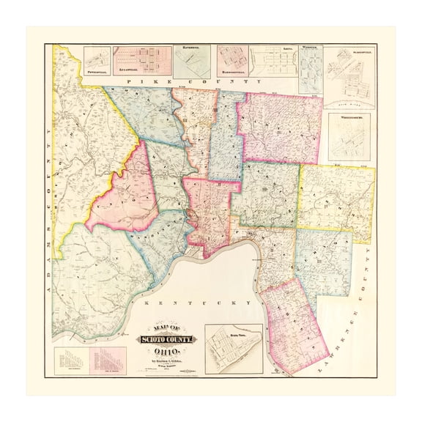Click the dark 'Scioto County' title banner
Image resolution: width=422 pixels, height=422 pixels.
[168, 338]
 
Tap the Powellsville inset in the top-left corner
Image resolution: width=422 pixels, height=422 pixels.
[97, 62]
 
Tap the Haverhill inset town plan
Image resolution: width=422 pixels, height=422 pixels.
[193, 60]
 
